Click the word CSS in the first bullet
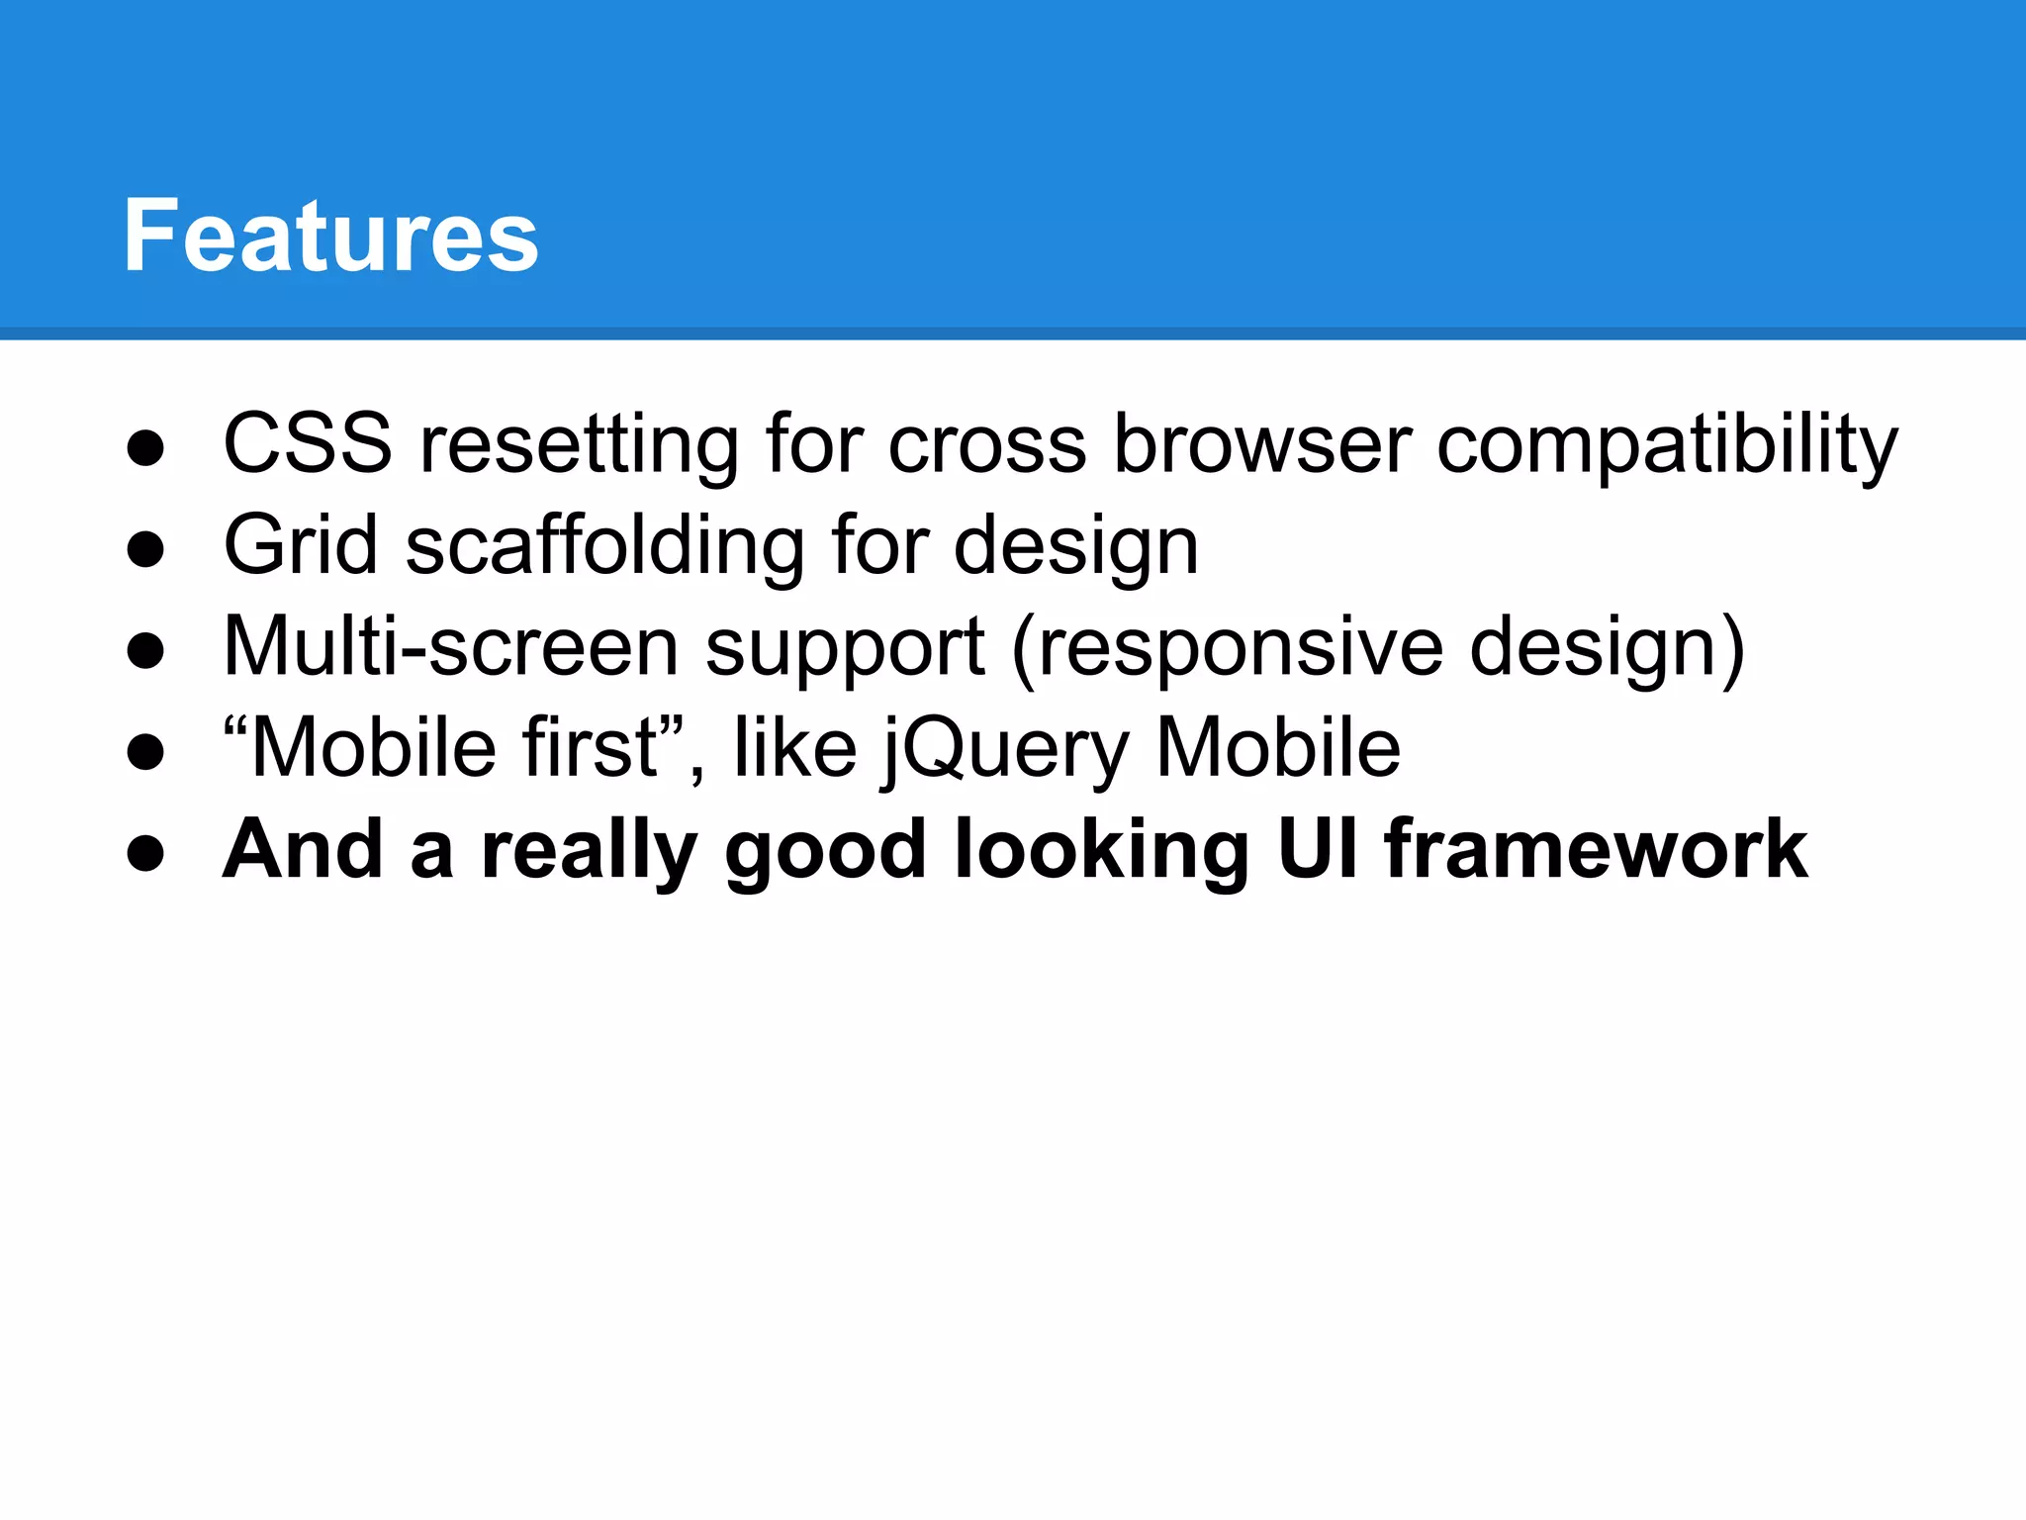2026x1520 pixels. point(308,444)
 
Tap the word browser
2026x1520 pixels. point(1262,444)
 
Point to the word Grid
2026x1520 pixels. point(301,545)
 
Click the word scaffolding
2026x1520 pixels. point(605,546)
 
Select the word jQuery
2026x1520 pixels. point(1005,750)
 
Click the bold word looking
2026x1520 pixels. point(1101,851)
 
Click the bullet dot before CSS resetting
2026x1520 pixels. point(145,448)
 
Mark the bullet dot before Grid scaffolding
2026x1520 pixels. point(145,549)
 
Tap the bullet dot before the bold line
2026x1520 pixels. point(145,853)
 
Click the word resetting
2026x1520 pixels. point(580,445)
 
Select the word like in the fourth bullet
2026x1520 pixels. point(794,748)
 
